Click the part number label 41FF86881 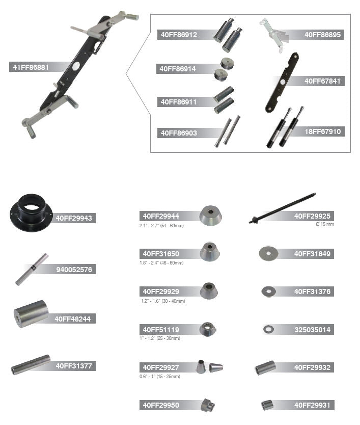point(31,67)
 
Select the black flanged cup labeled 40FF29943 point(31,213)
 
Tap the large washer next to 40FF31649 point(268,253)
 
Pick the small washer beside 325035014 point(268,329)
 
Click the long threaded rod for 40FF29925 point(282,208)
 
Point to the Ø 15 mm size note point(325,224)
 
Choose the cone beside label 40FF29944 point(210,215)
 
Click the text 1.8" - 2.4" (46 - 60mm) point(161,262)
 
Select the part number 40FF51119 point(161,330)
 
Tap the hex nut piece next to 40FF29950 point(207,405)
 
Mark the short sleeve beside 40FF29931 point(267,405)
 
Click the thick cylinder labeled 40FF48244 point(31,313)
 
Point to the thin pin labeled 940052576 point(32,269)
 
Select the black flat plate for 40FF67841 point(282,83)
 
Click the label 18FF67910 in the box point(322,131)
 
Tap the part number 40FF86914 point(177,69)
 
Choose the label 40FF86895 point(322,35)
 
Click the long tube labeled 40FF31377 point(31,365)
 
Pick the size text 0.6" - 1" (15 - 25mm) point(160,377)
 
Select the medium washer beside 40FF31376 point(269,291)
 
